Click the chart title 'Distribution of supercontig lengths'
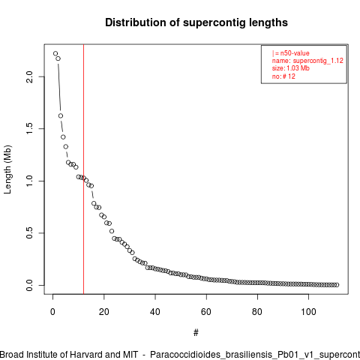[196, 22]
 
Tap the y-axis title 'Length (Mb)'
[7, 169]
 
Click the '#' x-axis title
[196, 333]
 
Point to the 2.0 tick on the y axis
[29, 76]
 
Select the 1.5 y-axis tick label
[29, 129]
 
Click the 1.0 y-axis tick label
[29, 181]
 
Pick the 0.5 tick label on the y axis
[29, 233]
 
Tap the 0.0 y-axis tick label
[29, 285]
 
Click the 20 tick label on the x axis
[104, 312]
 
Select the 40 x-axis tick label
[155, 312]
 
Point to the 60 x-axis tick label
[206, 312]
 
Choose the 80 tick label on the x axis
[257, 312]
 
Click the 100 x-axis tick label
[309, 312]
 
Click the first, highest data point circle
[55, 53]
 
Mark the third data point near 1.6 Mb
[61, 115]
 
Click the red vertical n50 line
[83, 169]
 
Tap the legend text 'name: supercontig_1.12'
[307, 61]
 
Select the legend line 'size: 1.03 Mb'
[291, 68]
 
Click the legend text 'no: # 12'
[283, 76]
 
